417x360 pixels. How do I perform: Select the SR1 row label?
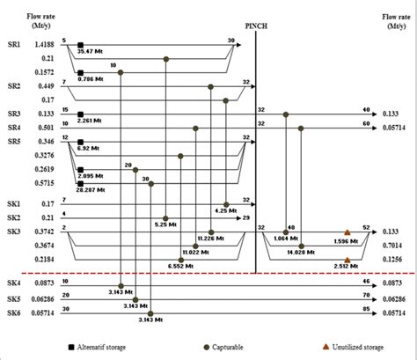pos(14,43)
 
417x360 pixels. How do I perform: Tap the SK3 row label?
pos(14,230)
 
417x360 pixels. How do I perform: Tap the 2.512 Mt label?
pos(347,268)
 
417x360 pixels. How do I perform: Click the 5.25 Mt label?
pos(166,224)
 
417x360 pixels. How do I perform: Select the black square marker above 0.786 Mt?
pos(81,72)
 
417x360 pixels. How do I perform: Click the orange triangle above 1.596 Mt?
pos(347,231)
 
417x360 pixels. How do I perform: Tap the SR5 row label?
pos(14,140)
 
